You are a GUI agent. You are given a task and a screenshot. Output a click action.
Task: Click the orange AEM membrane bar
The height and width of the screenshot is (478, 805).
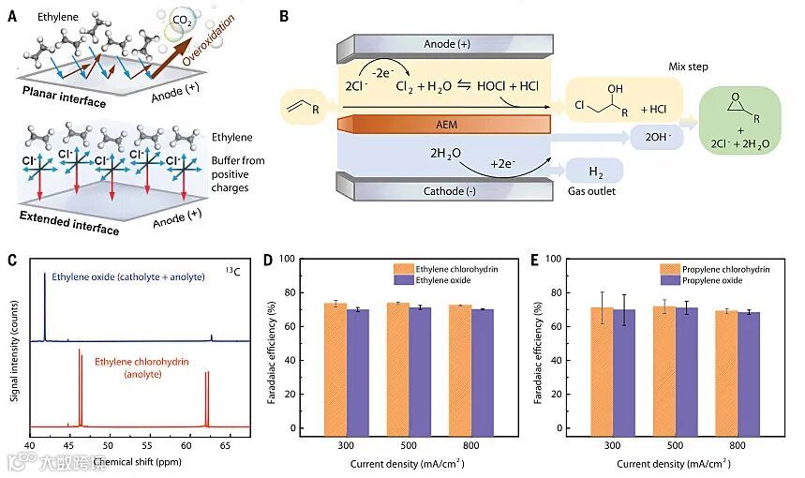click(445, 125)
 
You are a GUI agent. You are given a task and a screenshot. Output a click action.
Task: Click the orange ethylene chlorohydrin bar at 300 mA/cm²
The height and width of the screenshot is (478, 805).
click(335, 366)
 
